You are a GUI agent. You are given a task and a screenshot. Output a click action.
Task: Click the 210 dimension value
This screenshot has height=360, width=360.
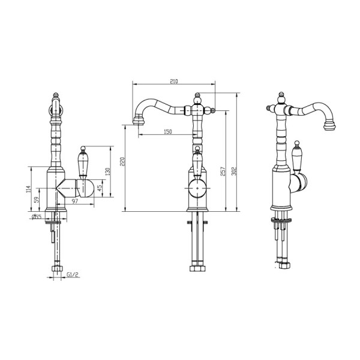click(174, 81)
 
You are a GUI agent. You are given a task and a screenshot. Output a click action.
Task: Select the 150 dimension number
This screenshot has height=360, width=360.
click(168, 132)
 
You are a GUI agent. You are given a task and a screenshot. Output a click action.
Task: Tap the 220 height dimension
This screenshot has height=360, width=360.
click(122, 161)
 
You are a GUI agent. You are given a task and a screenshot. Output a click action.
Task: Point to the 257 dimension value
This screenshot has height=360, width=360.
click(223, 171)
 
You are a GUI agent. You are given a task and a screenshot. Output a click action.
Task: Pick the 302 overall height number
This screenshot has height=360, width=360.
click(234, 171)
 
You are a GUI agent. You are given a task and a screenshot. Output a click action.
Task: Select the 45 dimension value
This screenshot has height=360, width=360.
click(99, 188)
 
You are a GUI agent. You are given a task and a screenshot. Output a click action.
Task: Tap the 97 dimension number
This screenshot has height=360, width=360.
click(75, 201)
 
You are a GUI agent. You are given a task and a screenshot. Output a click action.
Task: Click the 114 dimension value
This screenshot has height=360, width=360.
click(28, 189)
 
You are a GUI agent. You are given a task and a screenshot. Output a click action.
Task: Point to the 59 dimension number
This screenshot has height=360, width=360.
click(36, 200)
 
